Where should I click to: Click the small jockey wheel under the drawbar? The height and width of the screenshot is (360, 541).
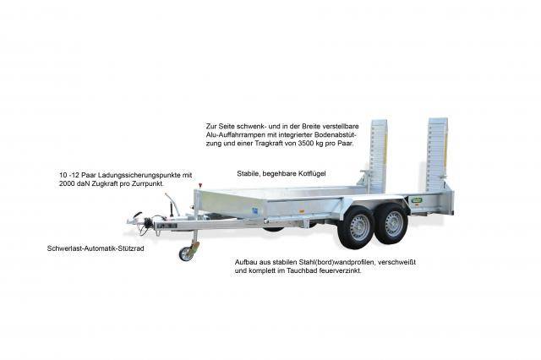tap(186, 254)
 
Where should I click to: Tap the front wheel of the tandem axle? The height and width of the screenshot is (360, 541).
tap(355, 228)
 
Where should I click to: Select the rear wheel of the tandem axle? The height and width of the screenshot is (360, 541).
tap(392, 223)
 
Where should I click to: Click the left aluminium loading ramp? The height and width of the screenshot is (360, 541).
tap(378, 155)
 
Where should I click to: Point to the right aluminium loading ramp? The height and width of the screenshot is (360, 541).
tap(437, 155)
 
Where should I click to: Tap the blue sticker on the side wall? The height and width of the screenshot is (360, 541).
tap(255, 211)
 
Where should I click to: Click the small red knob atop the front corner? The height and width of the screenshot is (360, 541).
tap(199, 186)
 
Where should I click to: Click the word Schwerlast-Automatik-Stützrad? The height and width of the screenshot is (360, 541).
tap(96, 248)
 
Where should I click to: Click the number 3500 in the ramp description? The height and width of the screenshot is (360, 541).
tap(306, 144)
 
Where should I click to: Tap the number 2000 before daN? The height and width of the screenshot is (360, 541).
tap(67, 183)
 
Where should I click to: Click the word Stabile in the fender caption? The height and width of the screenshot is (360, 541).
tap(249, 173)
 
